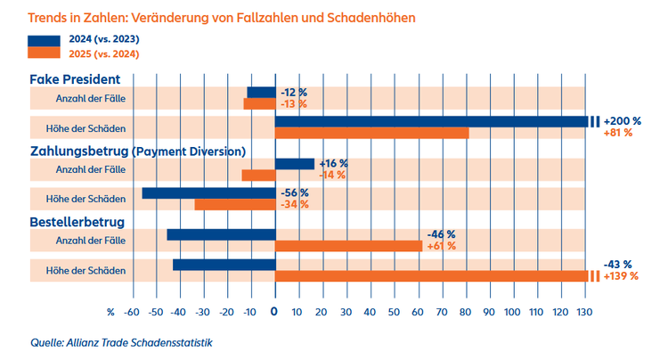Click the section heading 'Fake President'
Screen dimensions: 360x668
[x=76, y=79]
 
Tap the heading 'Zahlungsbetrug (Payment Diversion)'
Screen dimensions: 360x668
[x=138, y=151]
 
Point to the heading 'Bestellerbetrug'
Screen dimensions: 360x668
[x=77, y=222]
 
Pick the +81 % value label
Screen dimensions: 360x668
[x=617, y=133]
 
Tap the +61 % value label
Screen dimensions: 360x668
[x=441, y=246]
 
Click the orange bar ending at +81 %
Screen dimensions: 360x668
[x=371, y=133]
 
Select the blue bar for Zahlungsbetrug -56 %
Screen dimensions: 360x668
[x=208, y=192]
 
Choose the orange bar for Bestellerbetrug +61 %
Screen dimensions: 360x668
[x=348, y=246]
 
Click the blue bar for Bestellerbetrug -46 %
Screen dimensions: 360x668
[x=220, y=234]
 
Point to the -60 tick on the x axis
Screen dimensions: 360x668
[x=132, y=312]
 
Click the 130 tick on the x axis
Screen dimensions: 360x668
[x=584, y=312]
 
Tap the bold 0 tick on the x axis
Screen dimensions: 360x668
[x=274, y=312]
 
